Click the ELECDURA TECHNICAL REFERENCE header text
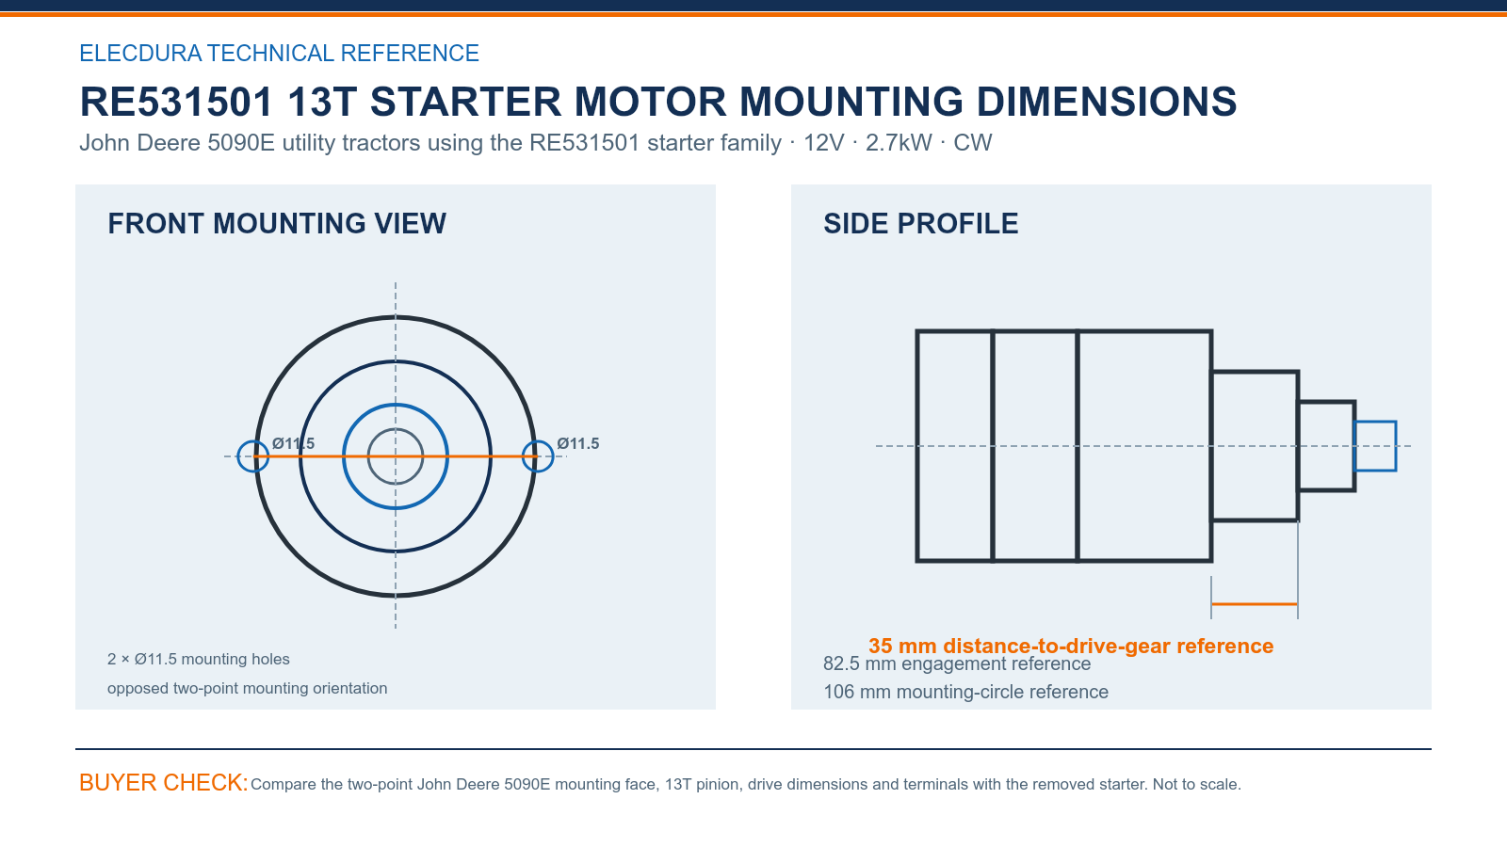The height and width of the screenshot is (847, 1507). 279,53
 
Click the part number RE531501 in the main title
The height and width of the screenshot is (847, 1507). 176,102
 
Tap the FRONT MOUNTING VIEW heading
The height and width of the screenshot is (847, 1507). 277,224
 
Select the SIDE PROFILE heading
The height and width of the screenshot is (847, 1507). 920,224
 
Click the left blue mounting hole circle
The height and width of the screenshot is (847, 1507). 238,456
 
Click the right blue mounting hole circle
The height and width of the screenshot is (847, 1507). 553,456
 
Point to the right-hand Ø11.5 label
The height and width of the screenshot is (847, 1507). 578,443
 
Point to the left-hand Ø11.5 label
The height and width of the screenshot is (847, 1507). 293,443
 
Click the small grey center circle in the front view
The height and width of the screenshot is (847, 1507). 396,429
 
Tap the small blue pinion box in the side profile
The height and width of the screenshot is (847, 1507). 1375,423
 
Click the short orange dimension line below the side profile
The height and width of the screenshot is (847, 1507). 1254,604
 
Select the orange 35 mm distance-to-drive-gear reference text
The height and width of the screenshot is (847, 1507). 1071,646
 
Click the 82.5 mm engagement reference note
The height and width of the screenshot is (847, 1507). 957,664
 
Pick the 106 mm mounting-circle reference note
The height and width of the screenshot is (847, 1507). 965,692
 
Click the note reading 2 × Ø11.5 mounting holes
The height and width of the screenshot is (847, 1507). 199,659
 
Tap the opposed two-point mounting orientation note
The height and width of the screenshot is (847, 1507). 247,688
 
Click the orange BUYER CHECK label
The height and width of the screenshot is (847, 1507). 164,782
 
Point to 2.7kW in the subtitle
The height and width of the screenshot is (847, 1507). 899,142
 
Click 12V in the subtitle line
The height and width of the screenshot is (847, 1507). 823,142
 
